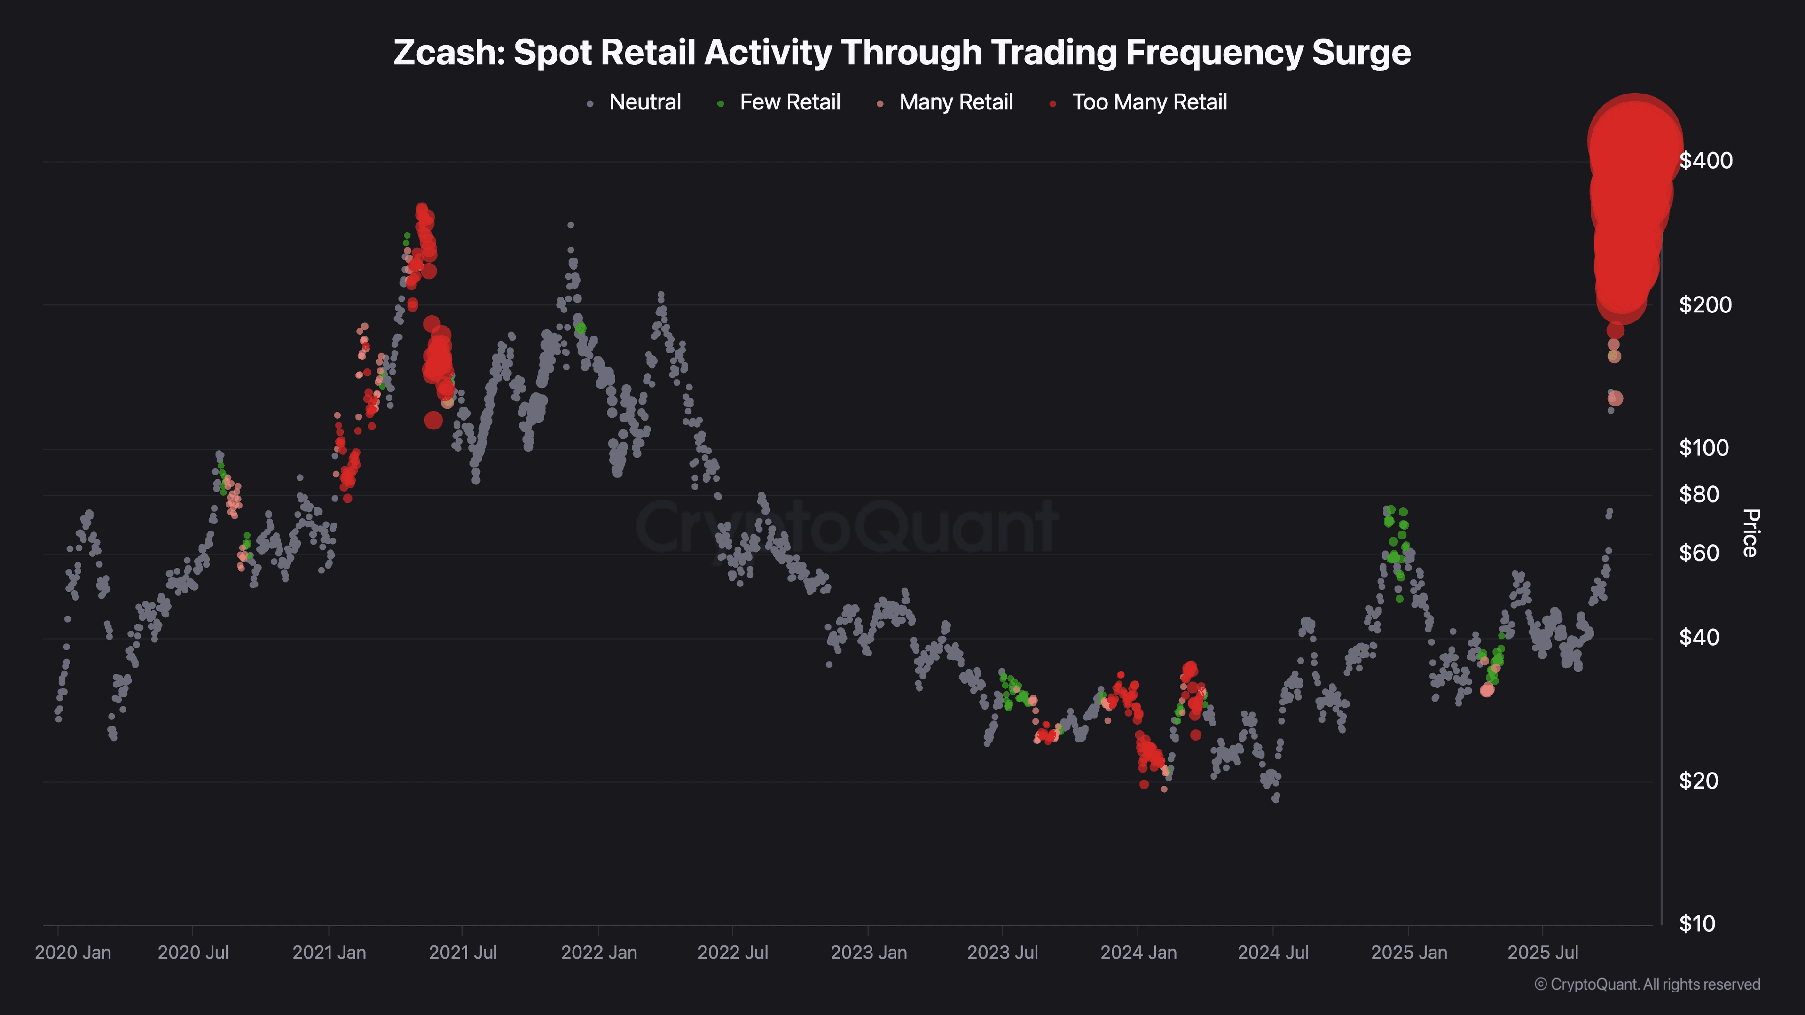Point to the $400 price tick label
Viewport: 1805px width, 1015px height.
(x=1705, y=160)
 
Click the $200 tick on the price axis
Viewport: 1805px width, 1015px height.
(x=1705, y=304)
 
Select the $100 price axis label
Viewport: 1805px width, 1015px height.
(x=1703, y=448)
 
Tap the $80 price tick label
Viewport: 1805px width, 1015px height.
(x=1699, y=494)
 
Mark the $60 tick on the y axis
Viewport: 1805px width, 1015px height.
(x=1699, y=554)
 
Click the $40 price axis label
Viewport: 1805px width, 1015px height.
(x=1699, y=638)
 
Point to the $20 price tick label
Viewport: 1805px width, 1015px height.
(x=1699, y=781)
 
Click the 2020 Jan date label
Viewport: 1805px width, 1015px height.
(x=73, y=953)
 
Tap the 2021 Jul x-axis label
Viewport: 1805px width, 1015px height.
(x=463, y=953)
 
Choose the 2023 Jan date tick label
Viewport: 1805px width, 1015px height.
(x=869, y=953)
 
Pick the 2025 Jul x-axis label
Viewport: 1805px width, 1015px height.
(x=1543, y=953)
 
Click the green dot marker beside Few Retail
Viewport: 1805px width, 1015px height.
(x=720, y=104)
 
